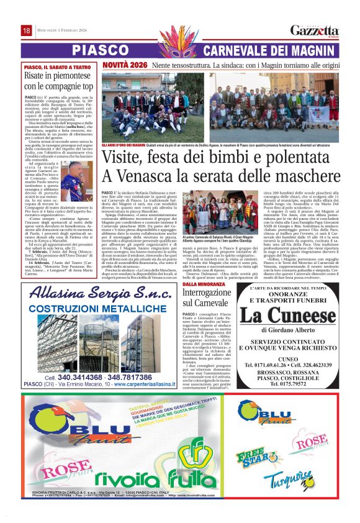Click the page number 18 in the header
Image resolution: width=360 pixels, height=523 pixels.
click(x=27, y=30)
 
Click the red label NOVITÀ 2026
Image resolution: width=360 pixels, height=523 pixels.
click(x=125, y=65)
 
